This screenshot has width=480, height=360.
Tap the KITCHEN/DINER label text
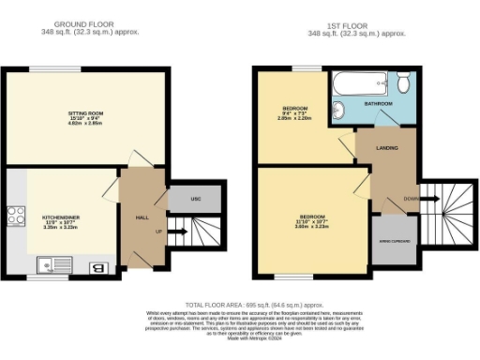click(59, 216)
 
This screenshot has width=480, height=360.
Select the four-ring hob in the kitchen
click(15, 217)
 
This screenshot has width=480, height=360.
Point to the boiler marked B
click(97, 270)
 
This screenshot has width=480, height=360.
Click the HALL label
click(142, 217)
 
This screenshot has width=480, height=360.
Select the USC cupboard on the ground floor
click(196, 199)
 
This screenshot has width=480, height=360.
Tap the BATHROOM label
click(379, 103)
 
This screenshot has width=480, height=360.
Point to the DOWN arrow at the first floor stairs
click(410, 199)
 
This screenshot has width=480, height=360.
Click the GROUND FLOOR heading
click(90, 24)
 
